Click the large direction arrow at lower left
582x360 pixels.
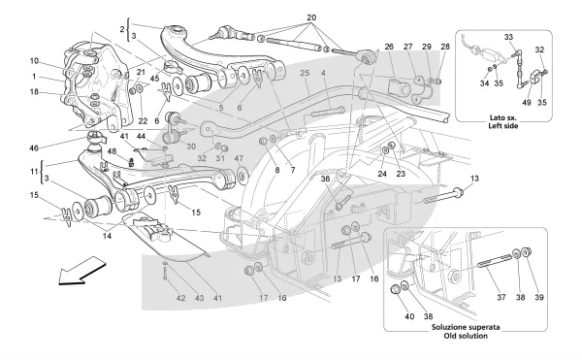[81, 271]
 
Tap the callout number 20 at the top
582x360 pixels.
[311, 17]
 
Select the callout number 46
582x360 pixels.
[34, 148]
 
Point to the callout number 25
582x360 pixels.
[305, 74]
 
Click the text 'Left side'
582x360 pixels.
[502, 126]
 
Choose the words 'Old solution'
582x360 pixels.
[466, 336]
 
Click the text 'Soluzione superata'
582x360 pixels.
[466, 328]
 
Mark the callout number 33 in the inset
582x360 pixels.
[508, 37]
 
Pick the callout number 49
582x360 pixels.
[527, 103]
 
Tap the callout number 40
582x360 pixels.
[409, 316]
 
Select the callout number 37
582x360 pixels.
[501, 297]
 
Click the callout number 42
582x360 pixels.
[180, 298]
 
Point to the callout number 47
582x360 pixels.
[239, 158]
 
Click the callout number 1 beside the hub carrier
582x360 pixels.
[34, 77]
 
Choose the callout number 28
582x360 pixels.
[445, 47]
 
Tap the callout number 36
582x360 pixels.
[325, 179]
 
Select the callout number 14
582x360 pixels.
[107, 236]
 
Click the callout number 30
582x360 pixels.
[191, 147]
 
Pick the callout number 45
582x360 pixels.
[155, 79]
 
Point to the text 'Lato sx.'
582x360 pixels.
[502, 118]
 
